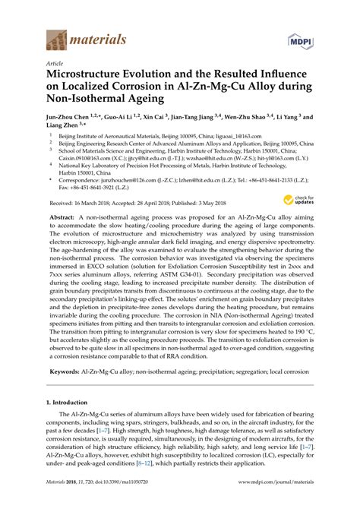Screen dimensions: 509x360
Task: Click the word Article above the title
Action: (x=55, y=65)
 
